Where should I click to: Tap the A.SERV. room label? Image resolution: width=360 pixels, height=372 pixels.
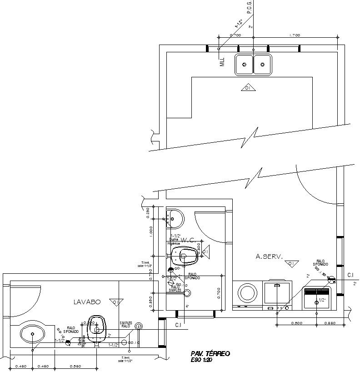click(x=269, y=257)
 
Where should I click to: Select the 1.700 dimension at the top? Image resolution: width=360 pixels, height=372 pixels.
click(x=295, y=35)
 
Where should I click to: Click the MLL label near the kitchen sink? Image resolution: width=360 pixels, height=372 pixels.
click(x=222, y=62)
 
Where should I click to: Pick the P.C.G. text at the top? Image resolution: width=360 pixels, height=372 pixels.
click(x=250, y=7)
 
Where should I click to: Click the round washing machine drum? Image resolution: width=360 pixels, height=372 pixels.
click(x=247, y=292)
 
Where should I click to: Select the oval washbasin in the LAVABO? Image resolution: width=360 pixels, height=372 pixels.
click(x=32, y=335)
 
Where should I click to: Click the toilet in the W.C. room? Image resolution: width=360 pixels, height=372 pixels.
click(x=186, y=256)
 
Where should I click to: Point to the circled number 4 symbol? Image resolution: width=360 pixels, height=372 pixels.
click(x=140, y=326)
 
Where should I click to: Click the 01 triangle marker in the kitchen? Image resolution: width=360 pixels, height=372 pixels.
click(x=248, y=88)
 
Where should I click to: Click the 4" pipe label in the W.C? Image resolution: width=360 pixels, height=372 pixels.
click(x=187, y=307)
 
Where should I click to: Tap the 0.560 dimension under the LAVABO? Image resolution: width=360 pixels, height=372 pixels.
click(x=75, y=366)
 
